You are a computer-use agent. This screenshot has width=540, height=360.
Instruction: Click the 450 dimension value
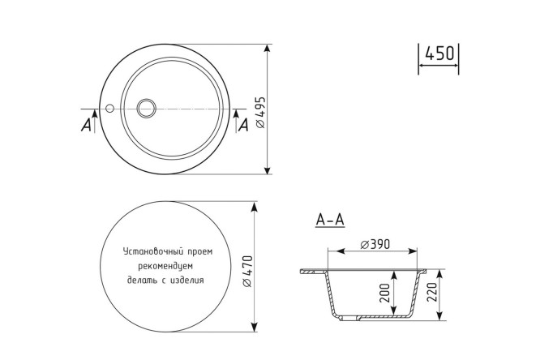[439, 53]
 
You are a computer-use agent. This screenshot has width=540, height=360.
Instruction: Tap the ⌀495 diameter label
[261, 112]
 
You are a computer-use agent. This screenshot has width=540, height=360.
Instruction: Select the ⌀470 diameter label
[247, 271]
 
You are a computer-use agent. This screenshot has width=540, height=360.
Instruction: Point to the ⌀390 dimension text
[375, 244]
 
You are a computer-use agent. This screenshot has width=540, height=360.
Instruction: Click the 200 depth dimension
[384, 294]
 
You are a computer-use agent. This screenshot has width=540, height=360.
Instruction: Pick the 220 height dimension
[431, 292]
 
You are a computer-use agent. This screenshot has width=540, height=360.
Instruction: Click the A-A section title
[330, 220]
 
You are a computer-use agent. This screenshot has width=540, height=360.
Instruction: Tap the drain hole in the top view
[147, 108]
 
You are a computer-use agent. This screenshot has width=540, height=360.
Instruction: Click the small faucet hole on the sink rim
[109, 108]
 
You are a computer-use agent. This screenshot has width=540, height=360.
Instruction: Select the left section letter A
[86, 124]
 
